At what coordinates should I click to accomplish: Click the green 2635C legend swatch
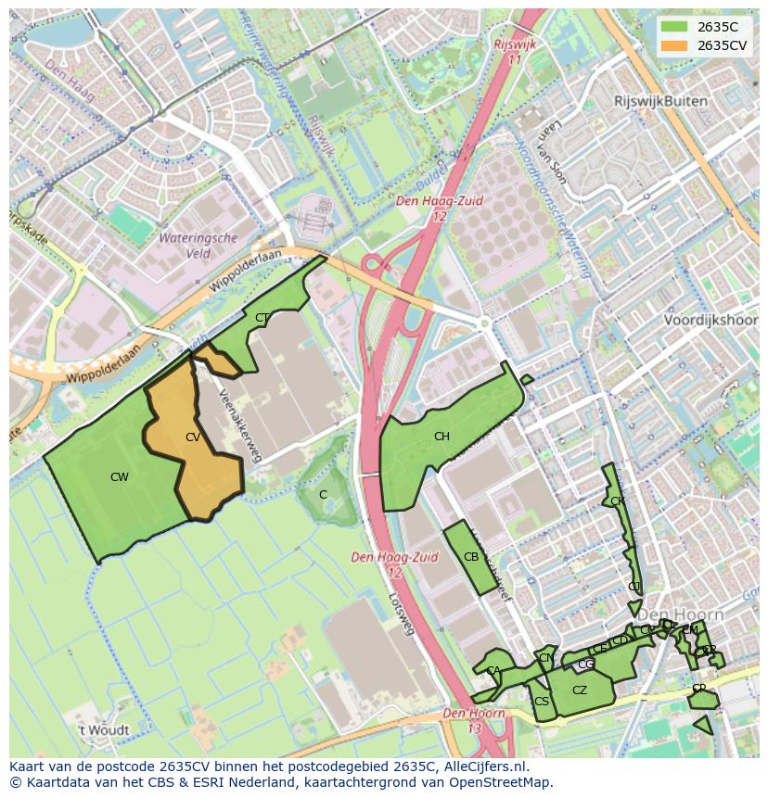point(674,27)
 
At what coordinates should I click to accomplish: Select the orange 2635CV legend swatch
point(674,45)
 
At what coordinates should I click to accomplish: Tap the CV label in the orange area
point(193,437)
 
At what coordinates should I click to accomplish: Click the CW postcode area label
point(120,477)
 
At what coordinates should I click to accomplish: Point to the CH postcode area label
point(442,437)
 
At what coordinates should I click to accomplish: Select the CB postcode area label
point(471,557)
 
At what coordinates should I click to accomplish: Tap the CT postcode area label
point(262,318)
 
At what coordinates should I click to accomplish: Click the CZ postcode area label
point(580,690)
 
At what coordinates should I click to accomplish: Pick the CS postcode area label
point(542,702)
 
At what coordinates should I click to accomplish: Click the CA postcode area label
point(493,671)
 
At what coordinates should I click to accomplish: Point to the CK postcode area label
point(618,501)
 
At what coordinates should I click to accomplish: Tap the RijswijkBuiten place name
point(660,101)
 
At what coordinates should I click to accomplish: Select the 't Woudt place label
point(104,730)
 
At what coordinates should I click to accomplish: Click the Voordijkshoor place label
point(710,320)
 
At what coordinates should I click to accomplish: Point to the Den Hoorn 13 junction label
point(474,720)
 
